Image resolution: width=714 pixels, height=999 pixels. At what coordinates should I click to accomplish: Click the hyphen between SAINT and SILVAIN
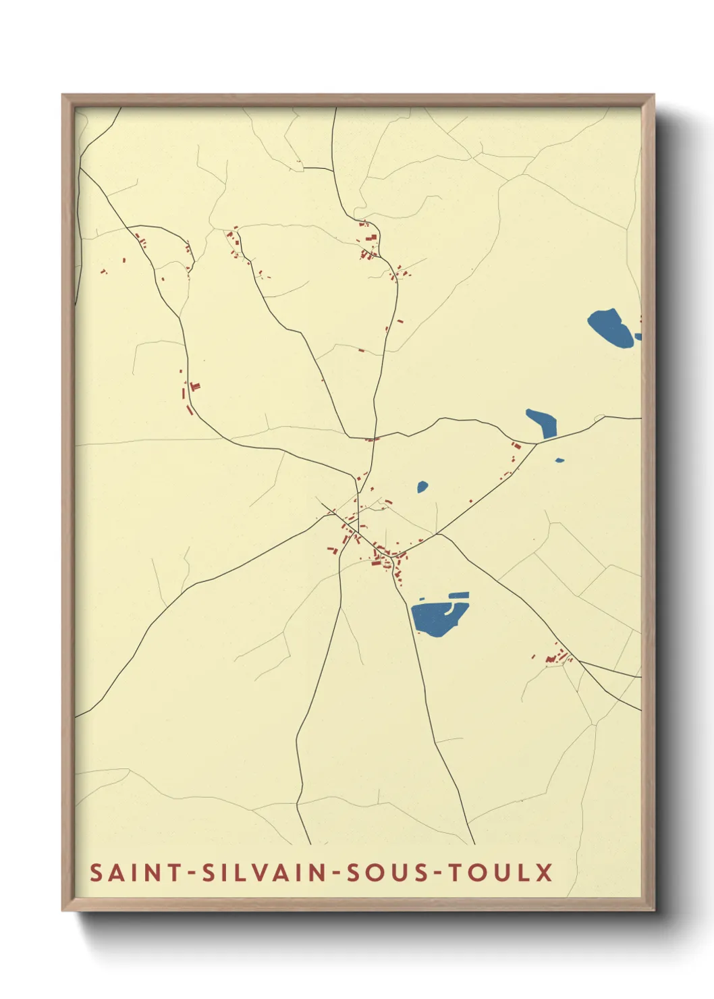(x=192, y=873)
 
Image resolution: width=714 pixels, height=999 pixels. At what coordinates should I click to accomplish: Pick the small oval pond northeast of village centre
(x=422, y=486)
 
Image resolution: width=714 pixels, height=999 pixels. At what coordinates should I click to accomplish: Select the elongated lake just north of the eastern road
(x=543, y=423)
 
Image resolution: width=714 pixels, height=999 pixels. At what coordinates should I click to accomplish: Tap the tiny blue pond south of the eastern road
(x=559, y=460)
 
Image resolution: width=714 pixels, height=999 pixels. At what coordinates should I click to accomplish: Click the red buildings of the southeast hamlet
(x=555, y=657)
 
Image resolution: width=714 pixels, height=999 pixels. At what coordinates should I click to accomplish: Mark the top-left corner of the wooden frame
(x=63, y=95)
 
